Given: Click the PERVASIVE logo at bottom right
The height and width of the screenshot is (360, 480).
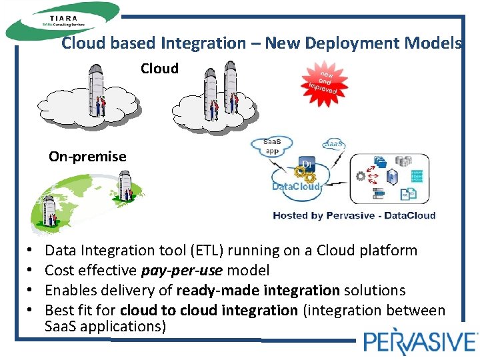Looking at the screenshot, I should (x=419, y=342).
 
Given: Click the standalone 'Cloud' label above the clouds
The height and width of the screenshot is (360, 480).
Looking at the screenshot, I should (x=159, y=68).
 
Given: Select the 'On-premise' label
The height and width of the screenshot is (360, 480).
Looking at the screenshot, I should (x=87, y=157).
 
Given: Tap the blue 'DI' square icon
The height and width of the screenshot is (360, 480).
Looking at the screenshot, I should (x=307, y=164).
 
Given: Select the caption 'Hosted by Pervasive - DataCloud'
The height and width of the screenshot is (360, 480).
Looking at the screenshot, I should (x=354, y=215).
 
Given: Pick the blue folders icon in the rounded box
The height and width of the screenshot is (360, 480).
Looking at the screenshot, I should (x=381, y=161).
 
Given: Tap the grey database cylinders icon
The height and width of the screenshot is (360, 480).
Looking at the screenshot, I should (x=403, y=161).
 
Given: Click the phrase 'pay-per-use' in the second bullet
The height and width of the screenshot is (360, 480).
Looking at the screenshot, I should (x=182, y=271).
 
